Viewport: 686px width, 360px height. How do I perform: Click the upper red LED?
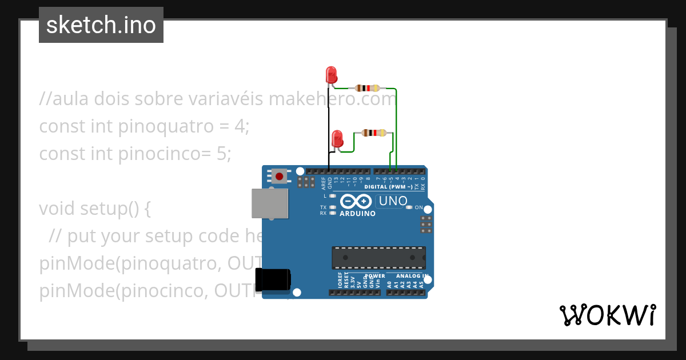tap(331, 75)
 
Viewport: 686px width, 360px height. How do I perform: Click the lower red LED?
tap(337, 139)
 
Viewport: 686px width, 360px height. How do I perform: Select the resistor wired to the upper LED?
tap(367, 88)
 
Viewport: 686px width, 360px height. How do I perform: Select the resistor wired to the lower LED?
tap(373, 133)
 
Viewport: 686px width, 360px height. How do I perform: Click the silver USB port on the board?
tap(270, 203)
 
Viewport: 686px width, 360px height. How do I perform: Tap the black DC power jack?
tap(273, 279)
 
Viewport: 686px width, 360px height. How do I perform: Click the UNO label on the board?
tap(393, 201)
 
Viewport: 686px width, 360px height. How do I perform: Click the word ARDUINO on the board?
tap(358, 214)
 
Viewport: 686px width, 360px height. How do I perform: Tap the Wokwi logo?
tap(607, 315)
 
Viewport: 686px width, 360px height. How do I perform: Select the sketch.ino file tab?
tap(101, 25)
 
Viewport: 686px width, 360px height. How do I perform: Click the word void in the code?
tap(57, 209)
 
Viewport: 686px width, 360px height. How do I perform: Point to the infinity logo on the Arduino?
tap(357, 201)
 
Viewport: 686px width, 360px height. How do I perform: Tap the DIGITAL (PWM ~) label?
tap(388, 187)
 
